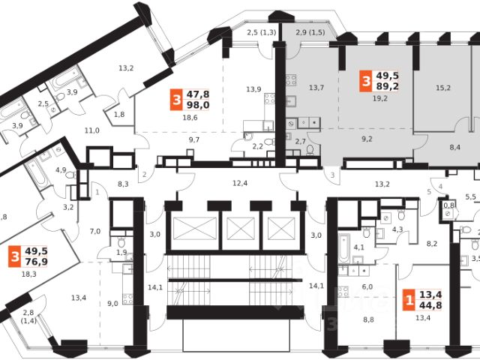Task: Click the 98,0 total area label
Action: coord(199,106)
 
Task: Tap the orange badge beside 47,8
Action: coord(176,100)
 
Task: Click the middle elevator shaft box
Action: coord(241,228)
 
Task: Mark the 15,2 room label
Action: coord(443,88)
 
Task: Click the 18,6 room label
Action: coord(190,118)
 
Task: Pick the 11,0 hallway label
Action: coord(92,130)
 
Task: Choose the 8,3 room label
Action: coord(124,183)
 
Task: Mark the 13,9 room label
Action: coord(255,89)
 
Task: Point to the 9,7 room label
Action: coord(193,139)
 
